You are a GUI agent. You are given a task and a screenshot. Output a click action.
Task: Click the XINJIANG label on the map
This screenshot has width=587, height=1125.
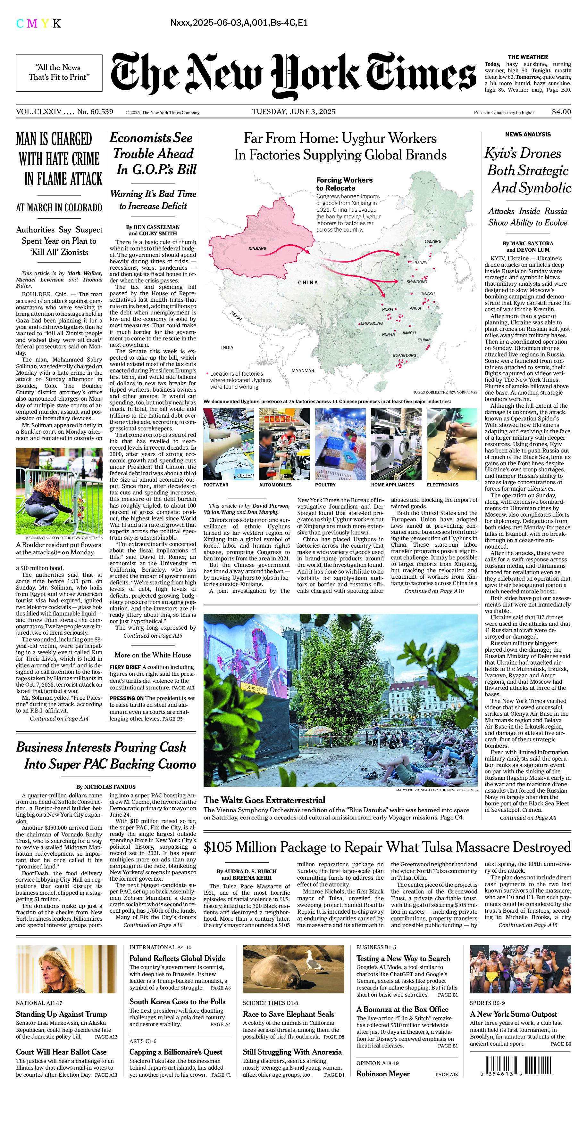tap(257, 248)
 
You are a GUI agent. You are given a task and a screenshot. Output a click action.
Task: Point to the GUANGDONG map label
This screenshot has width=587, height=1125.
tap(404, 355)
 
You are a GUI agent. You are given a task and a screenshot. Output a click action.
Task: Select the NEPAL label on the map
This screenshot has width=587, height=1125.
tap(236, 316)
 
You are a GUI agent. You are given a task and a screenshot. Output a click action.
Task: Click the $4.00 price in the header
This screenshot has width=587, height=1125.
tap(561, 111)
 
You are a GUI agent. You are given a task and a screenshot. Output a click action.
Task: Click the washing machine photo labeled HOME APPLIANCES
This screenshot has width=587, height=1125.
tap(396, 444)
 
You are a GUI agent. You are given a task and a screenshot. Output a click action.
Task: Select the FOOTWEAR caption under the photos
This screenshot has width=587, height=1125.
tap(216, 485)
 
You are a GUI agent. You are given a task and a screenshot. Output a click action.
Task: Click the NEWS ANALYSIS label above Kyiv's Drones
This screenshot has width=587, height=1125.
tap(528, 134)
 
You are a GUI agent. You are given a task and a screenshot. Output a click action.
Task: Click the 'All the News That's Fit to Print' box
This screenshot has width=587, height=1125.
tap(59, 72)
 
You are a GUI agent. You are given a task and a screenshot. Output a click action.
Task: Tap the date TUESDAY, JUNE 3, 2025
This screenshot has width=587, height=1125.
tap(293, 111)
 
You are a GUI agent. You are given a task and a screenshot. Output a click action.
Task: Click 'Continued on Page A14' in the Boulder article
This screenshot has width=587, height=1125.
tap(59, 718)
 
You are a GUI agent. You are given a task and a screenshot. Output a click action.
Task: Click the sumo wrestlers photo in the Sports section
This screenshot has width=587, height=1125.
tap(520, 969)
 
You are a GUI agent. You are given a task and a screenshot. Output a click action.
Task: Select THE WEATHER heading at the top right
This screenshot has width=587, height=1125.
tap(528, 57)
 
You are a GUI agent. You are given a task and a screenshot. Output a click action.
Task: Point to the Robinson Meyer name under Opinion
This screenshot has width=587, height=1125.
tap(383, 1074)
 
